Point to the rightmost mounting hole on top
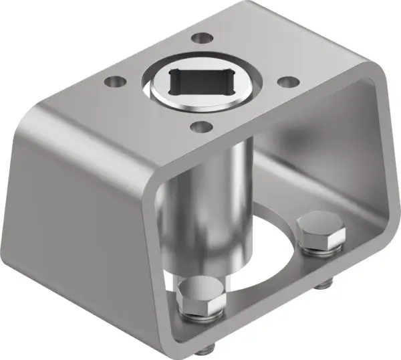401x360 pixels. (287, 82)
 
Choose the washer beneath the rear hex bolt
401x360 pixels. (319, 250)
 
